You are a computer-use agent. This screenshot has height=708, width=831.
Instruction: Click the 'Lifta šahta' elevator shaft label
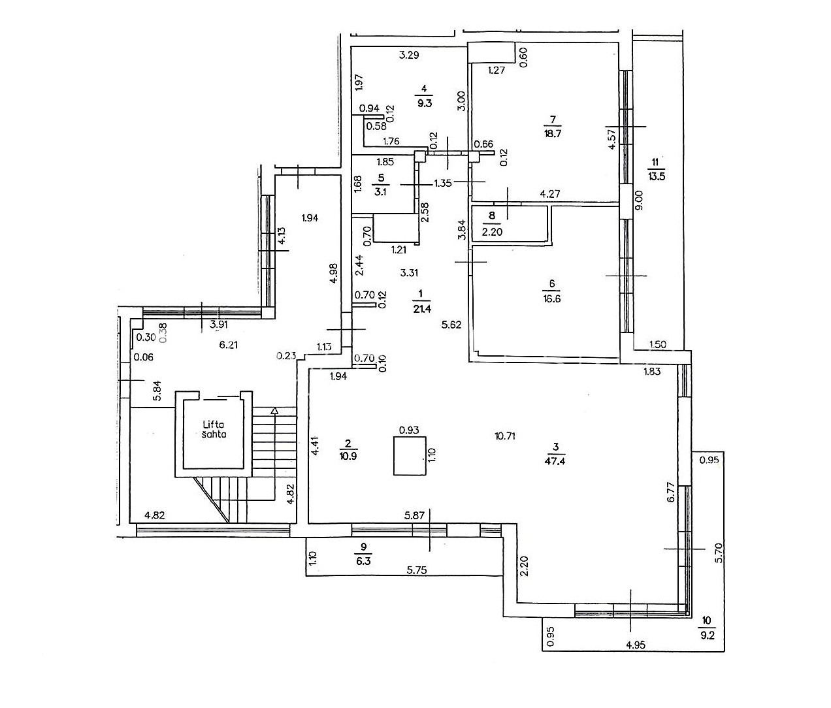coord(214,429)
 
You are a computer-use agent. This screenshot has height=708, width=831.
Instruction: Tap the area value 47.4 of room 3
coord(555,460)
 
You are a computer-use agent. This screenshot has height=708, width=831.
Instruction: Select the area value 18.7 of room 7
coord(553,133)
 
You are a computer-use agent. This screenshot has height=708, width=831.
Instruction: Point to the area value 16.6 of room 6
coord(551,298)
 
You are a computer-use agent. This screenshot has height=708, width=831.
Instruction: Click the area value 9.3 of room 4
coord(425,103)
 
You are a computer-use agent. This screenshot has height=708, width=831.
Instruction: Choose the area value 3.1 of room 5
coord(380,191)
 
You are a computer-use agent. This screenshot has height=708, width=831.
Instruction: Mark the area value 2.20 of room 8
coord(492,232)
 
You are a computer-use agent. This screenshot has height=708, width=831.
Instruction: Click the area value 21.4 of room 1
coord(421,309)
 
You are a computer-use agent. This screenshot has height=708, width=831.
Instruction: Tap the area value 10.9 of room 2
coord(348,456)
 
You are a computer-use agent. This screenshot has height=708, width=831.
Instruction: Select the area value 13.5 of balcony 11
coord(656,176)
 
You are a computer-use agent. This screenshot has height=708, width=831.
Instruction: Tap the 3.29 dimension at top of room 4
coord(409,55)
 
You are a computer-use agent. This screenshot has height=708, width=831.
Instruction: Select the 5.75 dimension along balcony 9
coord(417,570)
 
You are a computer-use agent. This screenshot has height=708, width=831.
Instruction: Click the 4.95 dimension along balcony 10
coord(636,656)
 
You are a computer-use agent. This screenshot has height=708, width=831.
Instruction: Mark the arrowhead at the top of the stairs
coord(274,410)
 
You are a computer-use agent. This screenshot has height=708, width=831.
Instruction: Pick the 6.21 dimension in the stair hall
coord(228,345)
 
